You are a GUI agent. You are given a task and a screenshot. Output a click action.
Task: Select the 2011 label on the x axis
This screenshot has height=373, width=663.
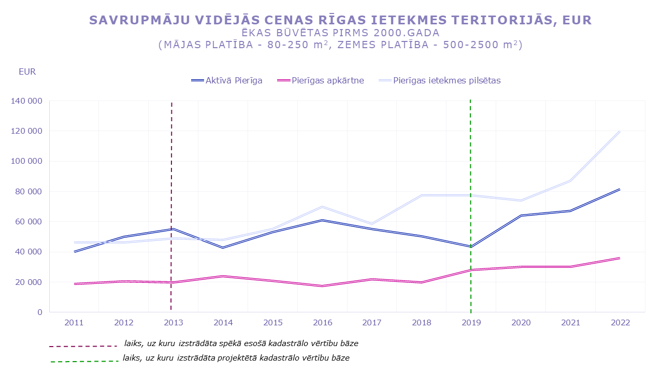74,323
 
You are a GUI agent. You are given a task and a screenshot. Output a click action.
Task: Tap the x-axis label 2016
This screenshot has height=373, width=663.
323,323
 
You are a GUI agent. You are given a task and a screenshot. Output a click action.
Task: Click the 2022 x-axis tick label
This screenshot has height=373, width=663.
621,323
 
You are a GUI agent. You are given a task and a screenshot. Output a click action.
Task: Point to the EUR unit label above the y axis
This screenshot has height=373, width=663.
27,72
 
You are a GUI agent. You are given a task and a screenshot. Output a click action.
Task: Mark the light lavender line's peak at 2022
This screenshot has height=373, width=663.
619,131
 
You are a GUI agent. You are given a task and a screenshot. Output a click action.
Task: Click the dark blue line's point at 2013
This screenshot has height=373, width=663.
173,228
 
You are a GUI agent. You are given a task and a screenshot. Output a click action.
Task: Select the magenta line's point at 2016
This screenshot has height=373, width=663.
322,286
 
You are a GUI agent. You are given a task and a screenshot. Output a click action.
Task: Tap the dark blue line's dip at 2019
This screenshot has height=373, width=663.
470,247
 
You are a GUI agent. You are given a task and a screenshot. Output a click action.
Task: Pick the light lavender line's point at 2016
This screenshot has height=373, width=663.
322,207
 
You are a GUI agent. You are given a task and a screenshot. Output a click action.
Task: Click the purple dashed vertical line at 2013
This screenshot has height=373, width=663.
171,155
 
